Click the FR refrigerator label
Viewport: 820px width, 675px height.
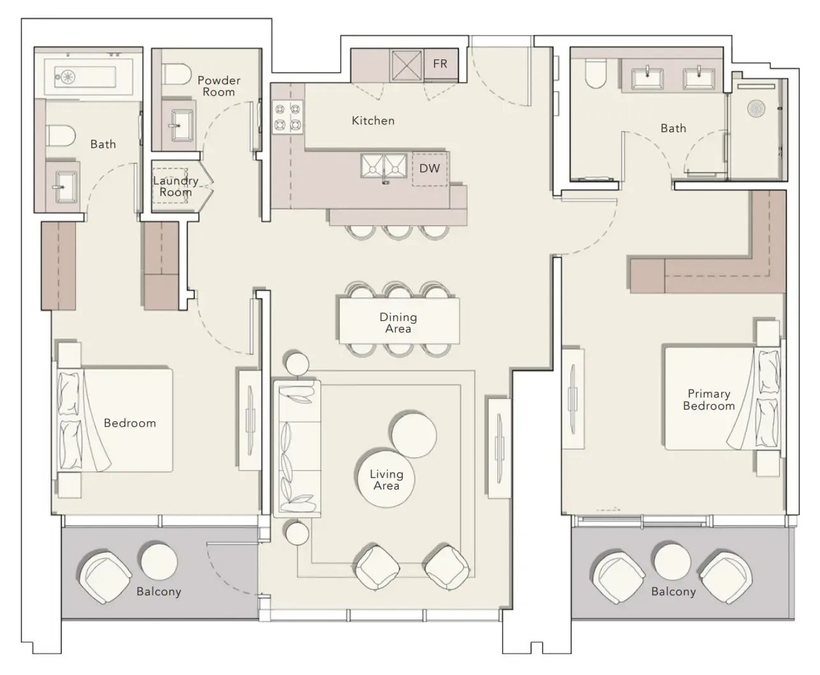[x=440, y=63]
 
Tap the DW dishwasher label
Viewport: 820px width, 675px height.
[x=429, y=168]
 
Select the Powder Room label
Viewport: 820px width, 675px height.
[x=219, y=86]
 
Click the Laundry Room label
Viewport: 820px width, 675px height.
[x=175, y=186]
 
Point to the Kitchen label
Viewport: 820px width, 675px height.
[x=373, y=121]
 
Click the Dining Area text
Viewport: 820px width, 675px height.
[x=398, y=323]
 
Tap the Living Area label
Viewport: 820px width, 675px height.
[x=386, y=480]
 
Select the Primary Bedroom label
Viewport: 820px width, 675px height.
[x=709, y=400]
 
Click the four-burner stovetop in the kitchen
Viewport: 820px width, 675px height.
[x=287, y=117]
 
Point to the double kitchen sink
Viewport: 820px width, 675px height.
[x=384, y=166]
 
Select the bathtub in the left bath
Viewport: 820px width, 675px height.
[x=88, y=77]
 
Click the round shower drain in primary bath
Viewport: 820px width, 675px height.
[x=756, y=108]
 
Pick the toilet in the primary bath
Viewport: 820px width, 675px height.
[x=595, y=73]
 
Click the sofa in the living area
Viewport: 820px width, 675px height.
[x=297, y=449]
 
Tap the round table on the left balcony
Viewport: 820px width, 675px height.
[x=159, y=561]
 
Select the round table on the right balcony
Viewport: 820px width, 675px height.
[x=672, y=561]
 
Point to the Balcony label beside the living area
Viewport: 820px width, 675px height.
[x=159, y=591]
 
